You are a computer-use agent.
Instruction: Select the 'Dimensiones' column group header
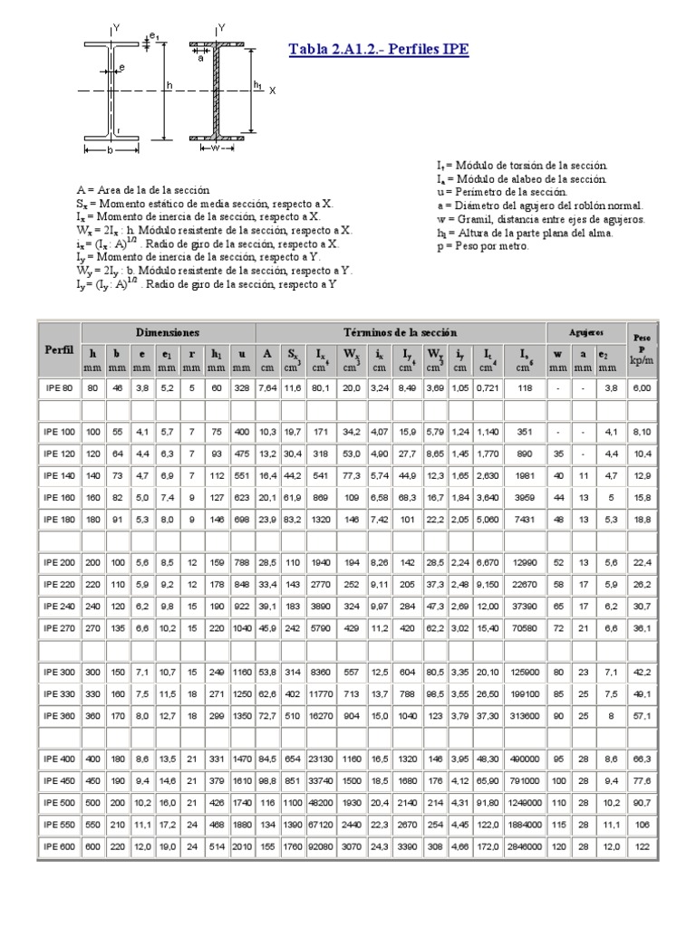pyautogui.click(x=168, y=332)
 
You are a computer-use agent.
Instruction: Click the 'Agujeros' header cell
pyautogui.click(x=586, y=333)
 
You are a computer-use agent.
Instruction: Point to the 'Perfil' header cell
pyautogui.click(x=59, y=349)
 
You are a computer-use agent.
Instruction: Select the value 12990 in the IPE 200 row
pyautogui.click(x=523, y=562)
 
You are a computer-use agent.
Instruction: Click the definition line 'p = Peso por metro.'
pyautogui.click(x=482, y=245)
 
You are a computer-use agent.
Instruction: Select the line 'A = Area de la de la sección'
pyautogui.click(x=142, y=190)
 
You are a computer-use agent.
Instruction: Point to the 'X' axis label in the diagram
pyautogui.click(x=272, y=91)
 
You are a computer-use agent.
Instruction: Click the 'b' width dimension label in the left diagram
pyautogui.click(x=110, y=151)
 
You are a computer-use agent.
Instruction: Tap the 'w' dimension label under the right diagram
pyautogui.click(x=217, y=147)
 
